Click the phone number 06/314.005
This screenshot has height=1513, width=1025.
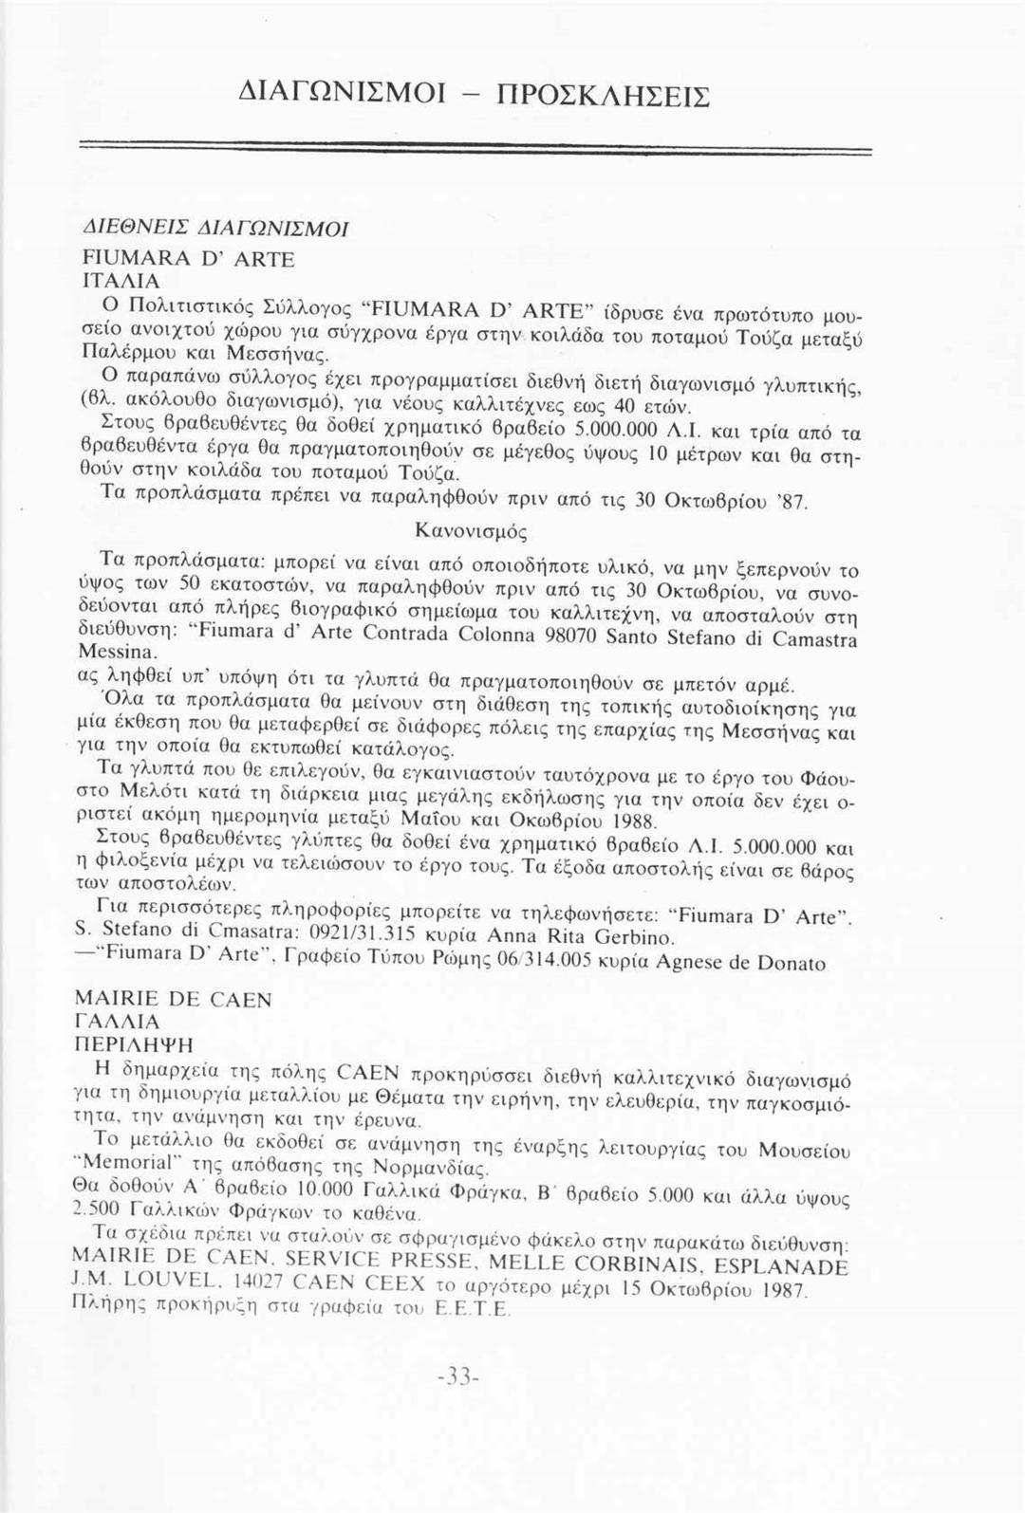(x=544, y=962)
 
